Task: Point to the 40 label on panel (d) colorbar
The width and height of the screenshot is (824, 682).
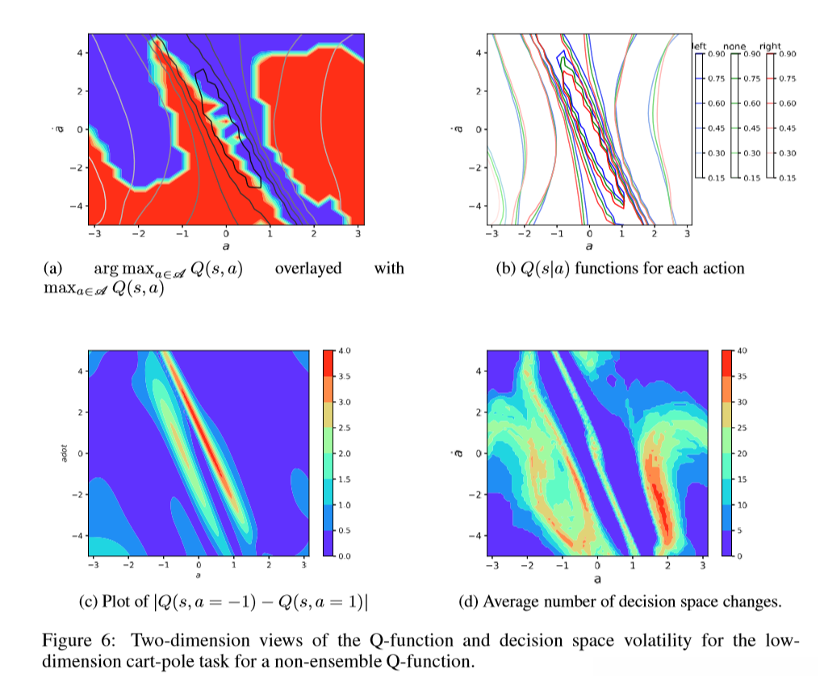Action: [x=744, y=351]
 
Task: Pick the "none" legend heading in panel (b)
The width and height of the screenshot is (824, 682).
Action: [x=734, y=47]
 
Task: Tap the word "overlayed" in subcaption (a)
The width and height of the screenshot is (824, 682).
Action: [x=308, y=269]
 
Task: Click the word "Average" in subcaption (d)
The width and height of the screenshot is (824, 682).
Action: [x=514, y=601]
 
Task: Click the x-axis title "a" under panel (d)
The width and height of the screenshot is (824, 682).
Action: [x=597, y=579]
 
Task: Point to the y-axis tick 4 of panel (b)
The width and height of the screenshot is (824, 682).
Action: [x=479, y=53]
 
